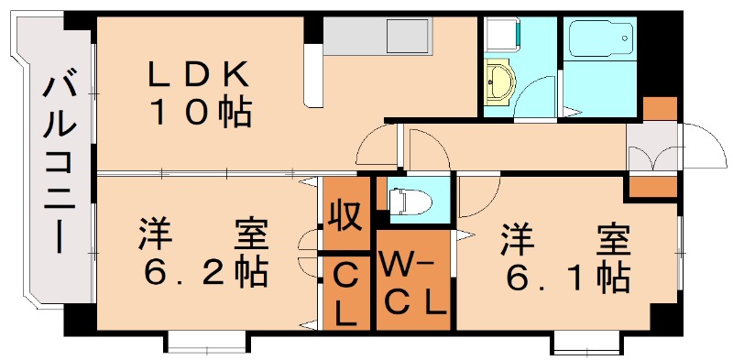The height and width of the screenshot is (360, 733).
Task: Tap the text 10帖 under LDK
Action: click(x=202, y=113)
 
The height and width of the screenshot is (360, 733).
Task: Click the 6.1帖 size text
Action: click(x=564, y=272)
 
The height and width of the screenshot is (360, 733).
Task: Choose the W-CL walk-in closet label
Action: click(x=413, y=284)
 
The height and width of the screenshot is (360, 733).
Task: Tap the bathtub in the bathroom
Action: click(x=600, y=40)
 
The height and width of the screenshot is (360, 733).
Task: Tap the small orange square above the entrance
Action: click(x=660, y=107)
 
